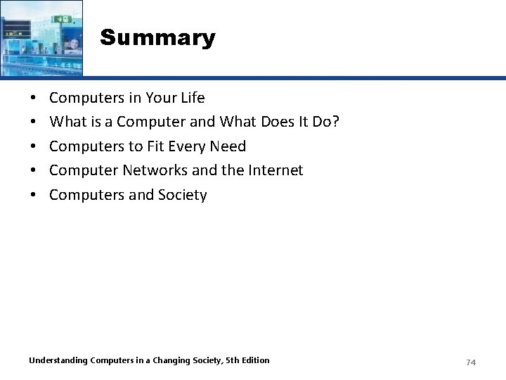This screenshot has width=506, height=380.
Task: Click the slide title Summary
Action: tap(157, 37)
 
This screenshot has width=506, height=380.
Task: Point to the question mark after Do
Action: tap(335, 122)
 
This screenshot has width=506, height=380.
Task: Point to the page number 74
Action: tap(471, 362)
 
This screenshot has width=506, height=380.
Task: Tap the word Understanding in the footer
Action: tap(58, 360)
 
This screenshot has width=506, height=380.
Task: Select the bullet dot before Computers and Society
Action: tap(34, 196)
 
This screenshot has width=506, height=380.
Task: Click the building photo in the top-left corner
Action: tap(41, 37)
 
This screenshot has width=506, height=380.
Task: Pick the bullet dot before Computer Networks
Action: tap(34, 171)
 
